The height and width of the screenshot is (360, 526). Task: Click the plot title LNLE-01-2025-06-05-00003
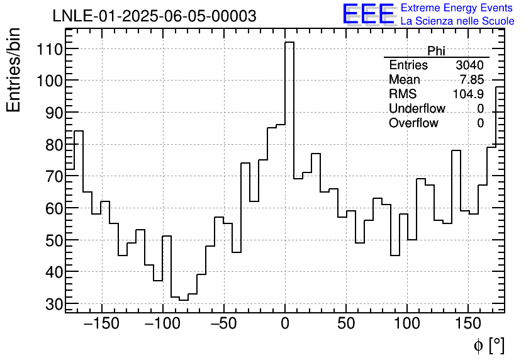(154, 16)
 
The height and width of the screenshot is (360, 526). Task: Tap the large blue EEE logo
(368, 14)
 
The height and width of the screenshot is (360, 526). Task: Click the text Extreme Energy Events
(457, 8)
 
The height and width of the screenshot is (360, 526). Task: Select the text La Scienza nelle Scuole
(457, 21)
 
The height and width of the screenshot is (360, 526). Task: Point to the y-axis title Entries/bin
(14, 70)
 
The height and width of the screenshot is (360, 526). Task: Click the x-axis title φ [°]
(488, 345)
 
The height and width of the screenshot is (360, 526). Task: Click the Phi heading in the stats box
(436, 51)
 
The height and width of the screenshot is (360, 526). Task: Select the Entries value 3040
(469, 65)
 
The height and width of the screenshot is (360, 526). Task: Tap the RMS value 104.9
(468, 94)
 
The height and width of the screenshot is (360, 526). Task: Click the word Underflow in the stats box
(417, 109)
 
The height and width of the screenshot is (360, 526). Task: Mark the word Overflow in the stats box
(413, 123)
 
